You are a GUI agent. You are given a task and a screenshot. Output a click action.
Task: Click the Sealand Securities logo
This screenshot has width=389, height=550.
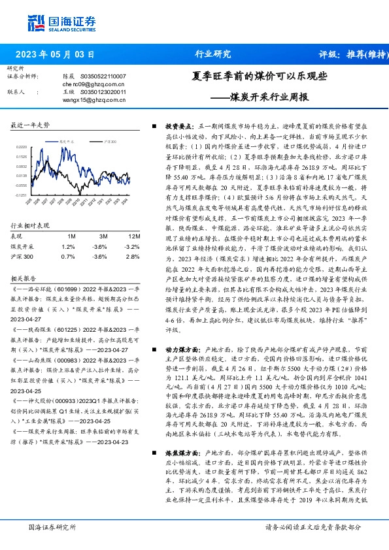point(54,22)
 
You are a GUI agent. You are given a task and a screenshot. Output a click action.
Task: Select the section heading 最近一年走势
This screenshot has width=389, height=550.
point(30,124)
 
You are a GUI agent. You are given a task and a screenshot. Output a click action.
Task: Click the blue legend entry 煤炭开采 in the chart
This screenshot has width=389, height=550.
point(67,140)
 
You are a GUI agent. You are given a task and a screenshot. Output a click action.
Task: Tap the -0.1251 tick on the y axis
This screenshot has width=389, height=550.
point(22,195)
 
